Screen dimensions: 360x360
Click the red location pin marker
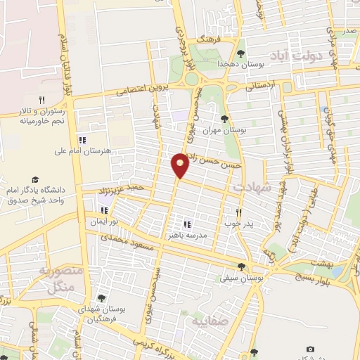tap(181, 165)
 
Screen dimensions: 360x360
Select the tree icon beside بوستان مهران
tap(224, 118)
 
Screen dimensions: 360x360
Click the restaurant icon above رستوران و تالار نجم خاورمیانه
tap(41, 101)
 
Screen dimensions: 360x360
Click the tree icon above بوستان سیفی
tap(243, 266)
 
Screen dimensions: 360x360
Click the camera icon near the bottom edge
tap(310, 349)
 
